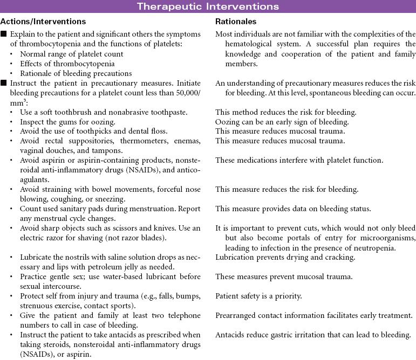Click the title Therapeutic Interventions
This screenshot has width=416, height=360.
tap(208, 6)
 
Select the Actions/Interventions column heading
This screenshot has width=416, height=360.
tap(43, 22)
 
